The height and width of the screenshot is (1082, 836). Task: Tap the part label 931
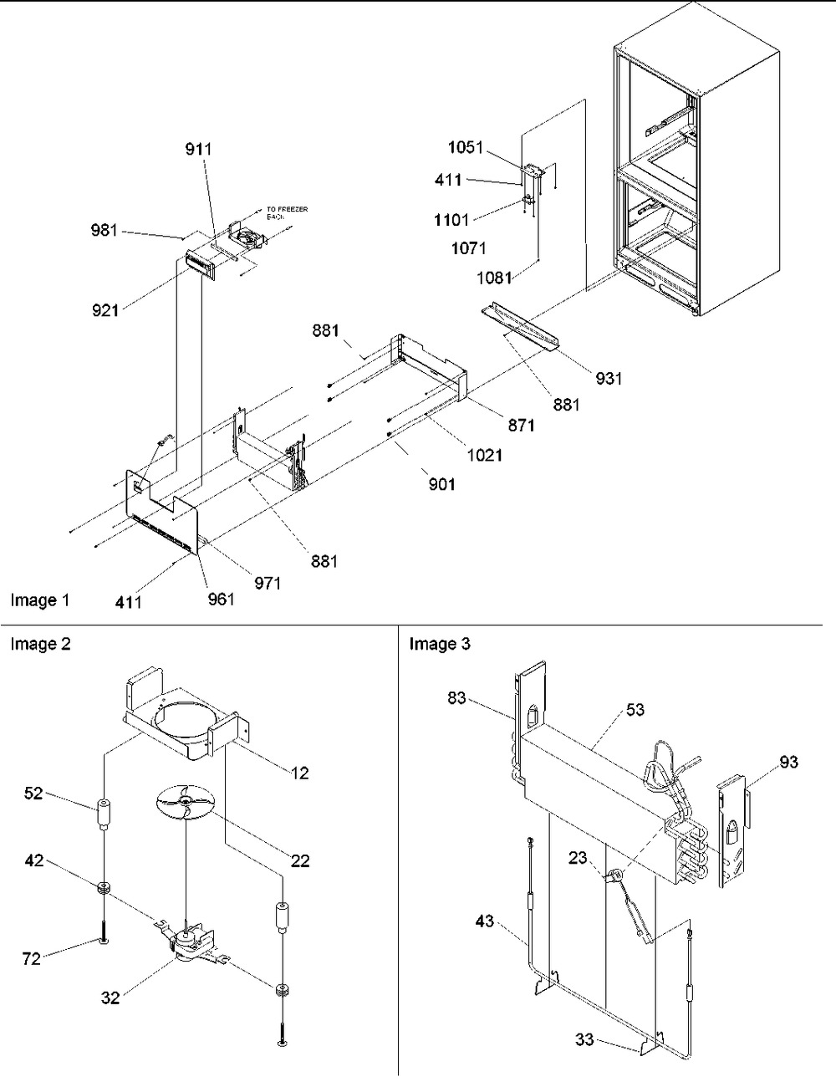(609, 378)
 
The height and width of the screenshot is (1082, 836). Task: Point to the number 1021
(485, 456)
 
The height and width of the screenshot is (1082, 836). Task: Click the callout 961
(222, 598)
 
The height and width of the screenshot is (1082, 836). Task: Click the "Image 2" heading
(40, 644)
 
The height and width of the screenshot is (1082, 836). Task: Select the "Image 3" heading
(440, 644)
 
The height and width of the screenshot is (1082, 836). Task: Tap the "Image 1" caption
(40, 600)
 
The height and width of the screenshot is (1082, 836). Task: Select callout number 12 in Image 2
(300, 773)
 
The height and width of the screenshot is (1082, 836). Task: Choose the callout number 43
(485, 921)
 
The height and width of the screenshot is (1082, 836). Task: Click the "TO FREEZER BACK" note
(287, 212)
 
